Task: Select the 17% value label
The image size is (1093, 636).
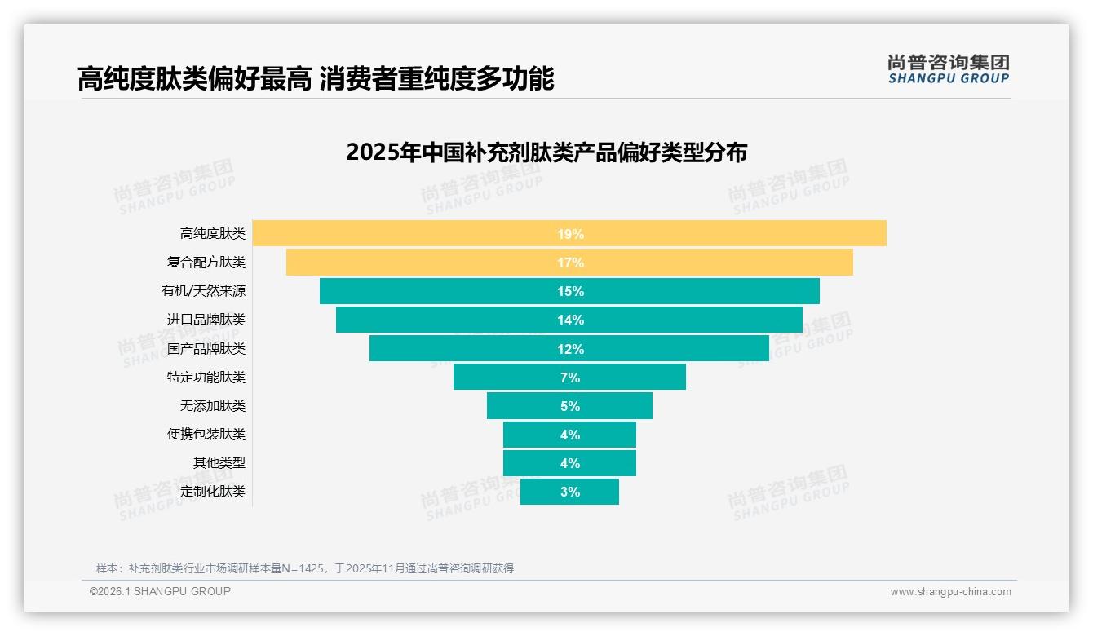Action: pos(570,263)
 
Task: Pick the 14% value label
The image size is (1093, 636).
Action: pos(570,320)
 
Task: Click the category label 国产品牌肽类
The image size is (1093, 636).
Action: pos(206,349)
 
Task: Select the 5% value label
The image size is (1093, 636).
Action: pos(570,406)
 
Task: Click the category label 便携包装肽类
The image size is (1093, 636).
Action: pos(206,435)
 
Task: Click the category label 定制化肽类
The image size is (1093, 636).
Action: pos(212,492)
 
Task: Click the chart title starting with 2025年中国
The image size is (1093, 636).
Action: pos(546,152)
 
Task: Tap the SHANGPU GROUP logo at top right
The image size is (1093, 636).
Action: pos(948,69)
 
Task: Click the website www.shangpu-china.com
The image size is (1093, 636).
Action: pos(950,592)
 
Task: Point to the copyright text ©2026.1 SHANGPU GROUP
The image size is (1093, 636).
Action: pos(160,591)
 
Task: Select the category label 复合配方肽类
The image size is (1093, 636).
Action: pos(206,263)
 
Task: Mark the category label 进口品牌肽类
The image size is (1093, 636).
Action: pos(206,320)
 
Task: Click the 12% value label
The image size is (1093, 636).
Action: pos(570,349)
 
